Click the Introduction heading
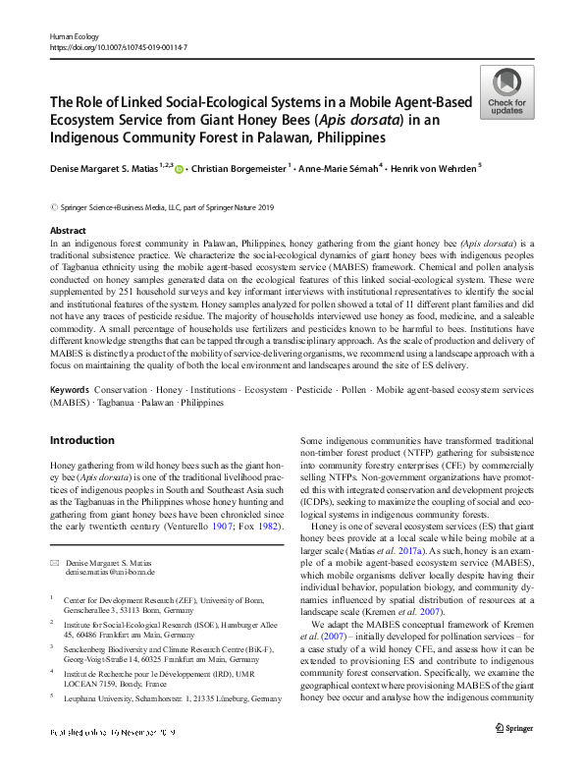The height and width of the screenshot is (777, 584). (82, 440)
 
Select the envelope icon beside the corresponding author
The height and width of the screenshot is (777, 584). (55, 561)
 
